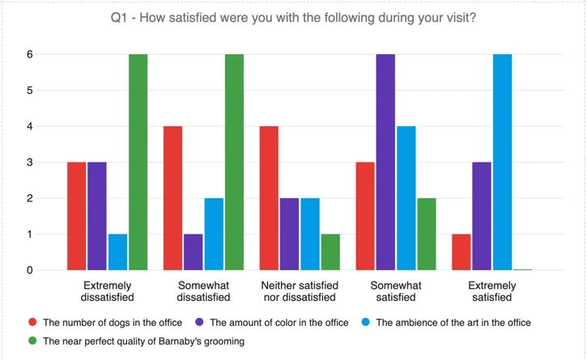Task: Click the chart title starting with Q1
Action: pyautogui.click(x=293, y=18)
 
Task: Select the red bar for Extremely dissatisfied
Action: pyautogui.click(x=76, y=216)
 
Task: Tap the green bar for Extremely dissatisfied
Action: pyautogui.click(x=138, y=162)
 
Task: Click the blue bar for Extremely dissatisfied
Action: pyautogui.click(x=117, y=252)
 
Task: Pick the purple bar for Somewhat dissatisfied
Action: pyautogui.click(x=193, y=252)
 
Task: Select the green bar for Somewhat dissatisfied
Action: pyautogui.click(x=235, y=162)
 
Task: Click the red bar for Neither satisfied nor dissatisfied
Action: pyautogui.click(x=269, y=198)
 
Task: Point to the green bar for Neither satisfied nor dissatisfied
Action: pyautogui.click(x=330, y=252)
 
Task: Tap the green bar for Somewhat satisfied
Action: pyautogui.click(x=427, y=234)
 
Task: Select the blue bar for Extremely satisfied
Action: pyautogui.click(x=501, y=162)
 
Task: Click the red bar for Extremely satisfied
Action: pyautogui.click(x=461, y=252)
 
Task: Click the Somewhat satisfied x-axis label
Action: pyautogui.click(x=395, y=291)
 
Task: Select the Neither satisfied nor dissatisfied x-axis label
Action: pyautogui.click(x=300, y=291)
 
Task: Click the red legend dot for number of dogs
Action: pyautogui.click(x=32, y=322)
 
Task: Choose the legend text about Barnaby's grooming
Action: pyautogui.click(x=143, y=341)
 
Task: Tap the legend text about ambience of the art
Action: pyautogui.click(x=453, y=322)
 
